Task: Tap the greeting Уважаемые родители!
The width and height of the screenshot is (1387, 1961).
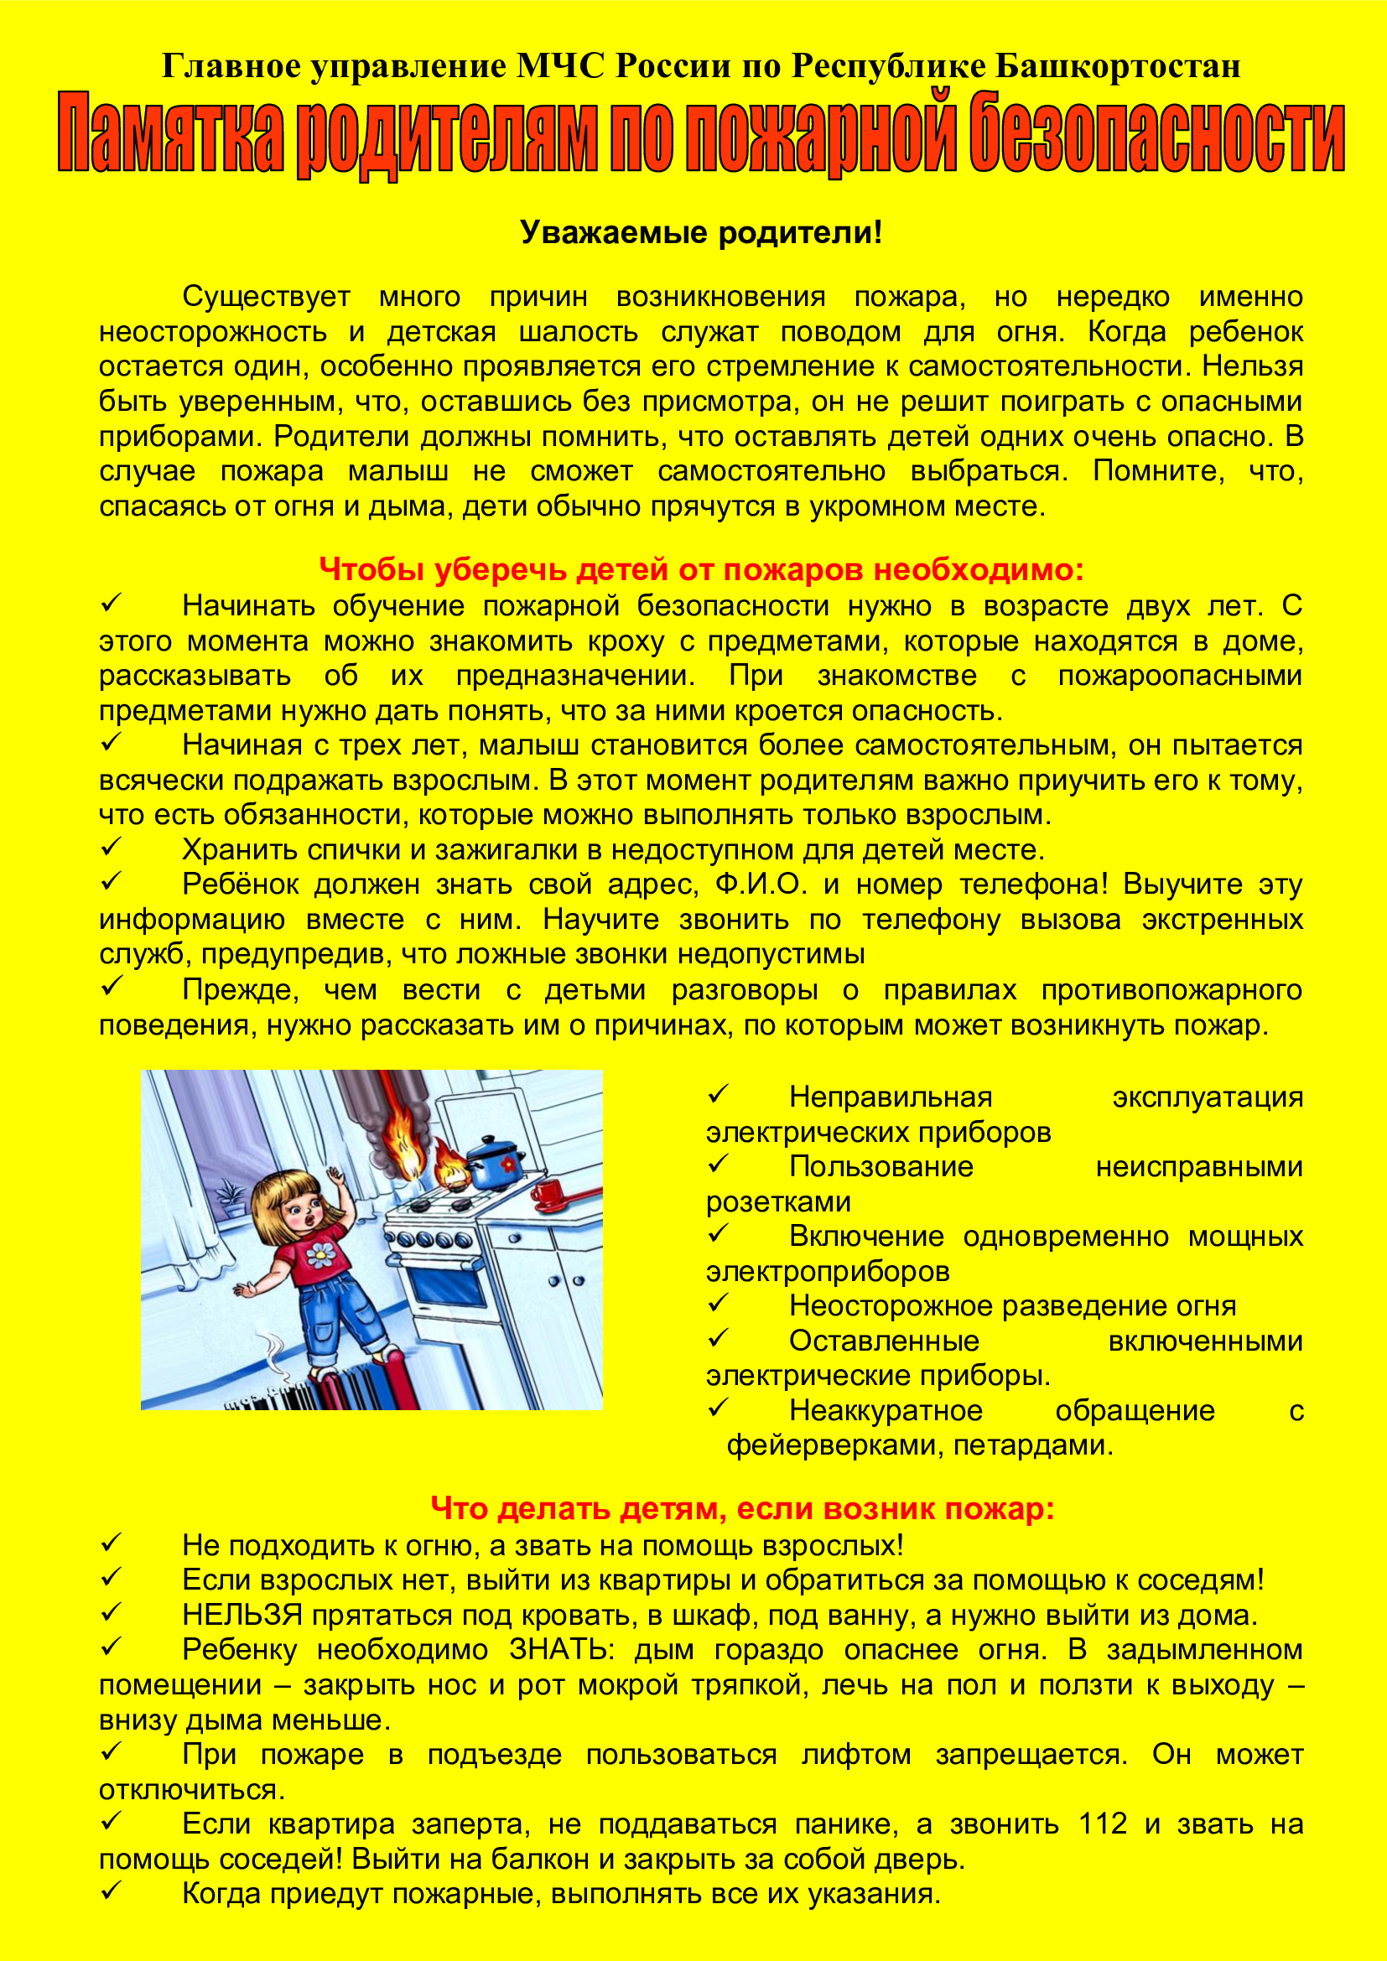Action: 700,232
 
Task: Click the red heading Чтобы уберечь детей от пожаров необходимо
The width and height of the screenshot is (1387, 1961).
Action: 700,568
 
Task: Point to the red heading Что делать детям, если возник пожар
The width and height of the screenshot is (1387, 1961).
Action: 742,1508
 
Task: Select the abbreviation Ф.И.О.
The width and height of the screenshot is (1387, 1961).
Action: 760,884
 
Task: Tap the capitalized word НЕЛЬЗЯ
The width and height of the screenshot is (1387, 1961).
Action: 242,1615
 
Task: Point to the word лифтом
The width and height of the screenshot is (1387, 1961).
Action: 856,1754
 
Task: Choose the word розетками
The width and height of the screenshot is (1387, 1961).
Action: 778,1201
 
